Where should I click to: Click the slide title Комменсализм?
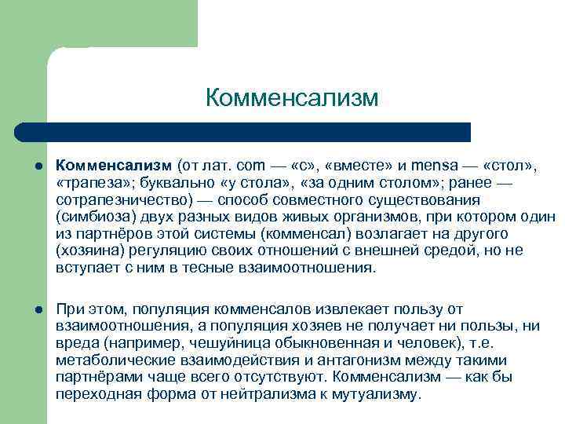292,98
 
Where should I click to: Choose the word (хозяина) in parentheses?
89,251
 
